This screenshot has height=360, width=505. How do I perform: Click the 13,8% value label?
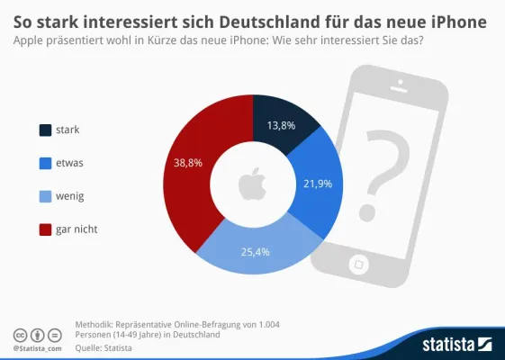pos(281,126)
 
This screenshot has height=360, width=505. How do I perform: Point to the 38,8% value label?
pos(187,162)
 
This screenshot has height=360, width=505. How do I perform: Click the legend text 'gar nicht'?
pos(78,229)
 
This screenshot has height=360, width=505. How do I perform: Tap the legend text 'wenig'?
pos(72,196)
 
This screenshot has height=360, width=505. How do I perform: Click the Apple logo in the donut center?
pos(252,184)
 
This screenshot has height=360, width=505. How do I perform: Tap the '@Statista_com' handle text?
pos(37,346)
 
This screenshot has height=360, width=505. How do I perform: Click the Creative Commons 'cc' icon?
pos(19,333)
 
